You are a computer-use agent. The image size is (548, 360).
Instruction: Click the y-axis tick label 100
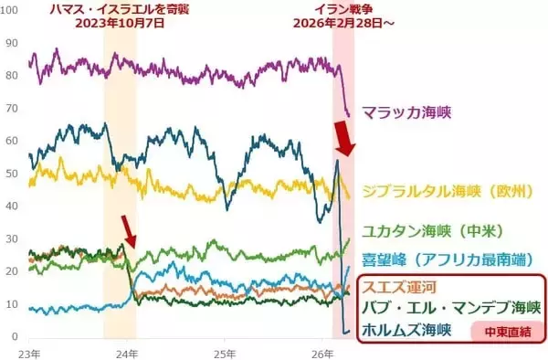point(11,42)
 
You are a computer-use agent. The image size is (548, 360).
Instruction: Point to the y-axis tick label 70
point(11,108)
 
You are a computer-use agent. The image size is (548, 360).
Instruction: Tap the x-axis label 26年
point(321,352)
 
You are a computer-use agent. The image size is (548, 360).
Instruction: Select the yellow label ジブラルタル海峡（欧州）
point(447,192)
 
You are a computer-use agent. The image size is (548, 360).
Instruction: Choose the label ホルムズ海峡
point(408,329)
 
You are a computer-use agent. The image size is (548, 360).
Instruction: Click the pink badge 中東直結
point(501,331)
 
